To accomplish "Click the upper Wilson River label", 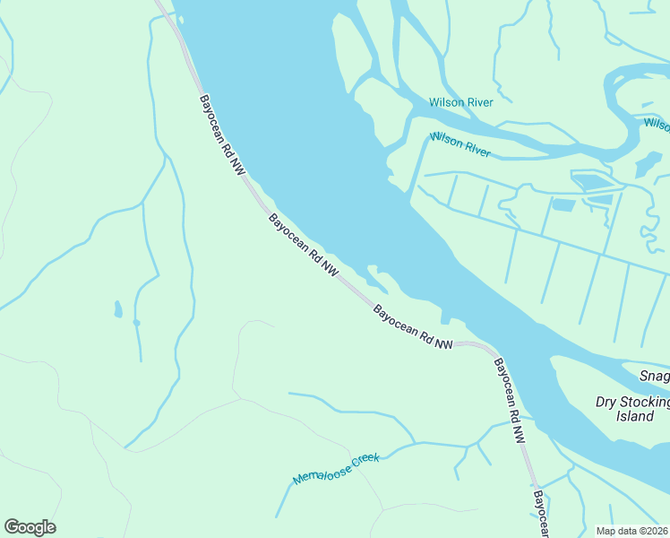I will tap(460, 102).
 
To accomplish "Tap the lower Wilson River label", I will tap(459, 143).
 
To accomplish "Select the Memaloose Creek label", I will tap(337, 470).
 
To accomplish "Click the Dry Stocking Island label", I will tap(632, 409).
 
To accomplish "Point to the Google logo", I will tap(30, 527).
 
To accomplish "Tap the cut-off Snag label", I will tap(655, 375).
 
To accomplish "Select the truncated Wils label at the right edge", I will tap(657, 124).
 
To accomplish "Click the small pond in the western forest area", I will tap(117, 309).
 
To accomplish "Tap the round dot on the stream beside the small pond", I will tap(136, 322).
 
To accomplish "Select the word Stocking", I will tap(644, 402).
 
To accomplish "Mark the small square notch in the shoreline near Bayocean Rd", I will tap(445, 317).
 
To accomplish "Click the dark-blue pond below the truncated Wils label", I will tap(648, 164).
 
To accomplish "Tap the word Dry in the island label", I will tap(606, 402).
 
